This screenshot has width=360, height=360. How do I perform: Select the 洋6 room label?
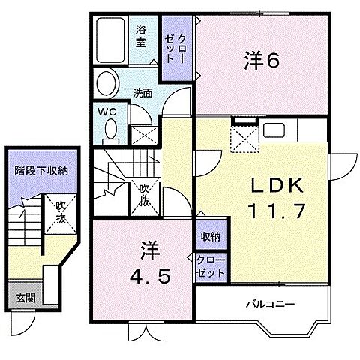click(263, 61)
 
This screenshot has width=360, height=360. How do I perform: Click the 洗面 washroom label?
click(142, 94)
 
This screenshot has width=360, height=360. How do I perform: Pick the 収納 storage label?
click(210, 237)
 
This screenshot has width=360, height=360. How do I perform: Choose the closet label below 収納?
click(209, 265)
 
